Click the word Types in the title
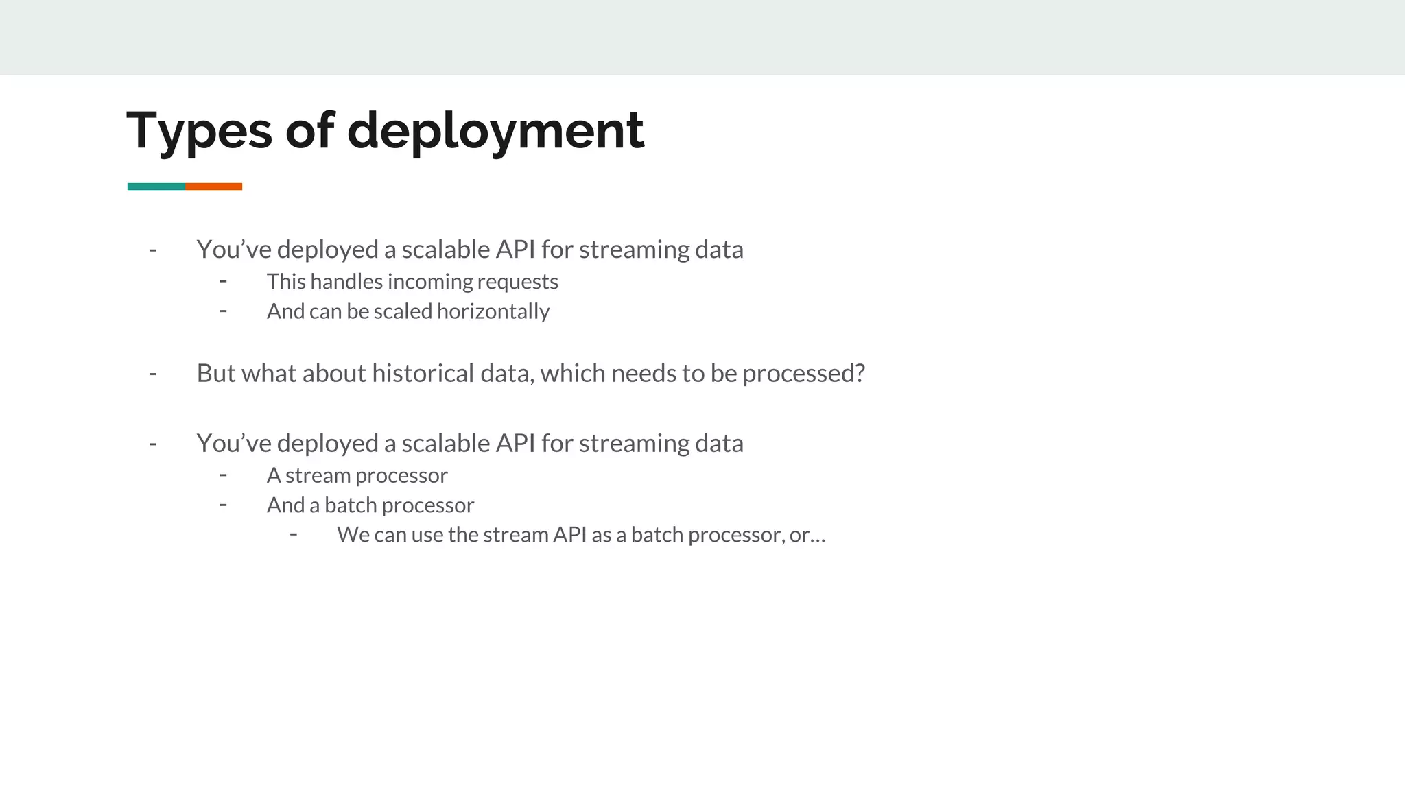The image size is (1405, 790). (199, 131)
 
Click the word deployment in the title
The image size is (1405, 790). (495, 131)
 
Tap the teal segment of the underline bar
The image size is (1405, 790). (156, 187)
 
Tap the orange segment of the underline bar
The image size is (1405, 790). (213, 187)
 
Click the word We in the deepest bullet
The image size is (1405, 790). (353, 535)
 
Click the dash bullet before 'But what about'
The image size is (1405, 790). (153, 374)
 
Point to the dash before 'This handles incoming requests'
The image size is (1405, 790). (223, 281)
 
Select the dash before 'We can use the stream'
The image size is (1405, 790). (294, 534)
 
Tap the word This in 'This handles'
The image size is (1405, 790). (285, 282)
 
